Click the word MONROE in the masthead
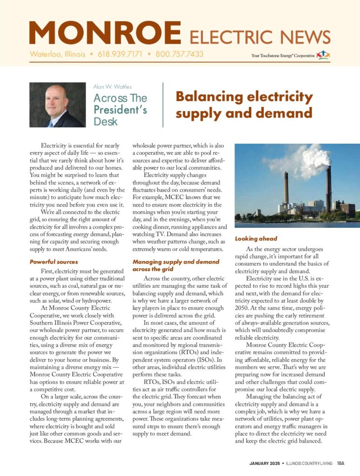point(105,33)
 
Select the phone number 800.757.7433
point(180,54)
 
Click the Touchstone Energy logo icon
point(323,55)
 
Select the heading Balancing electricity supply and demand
point(244,105)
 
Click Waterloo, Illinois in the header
point(58,54)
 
